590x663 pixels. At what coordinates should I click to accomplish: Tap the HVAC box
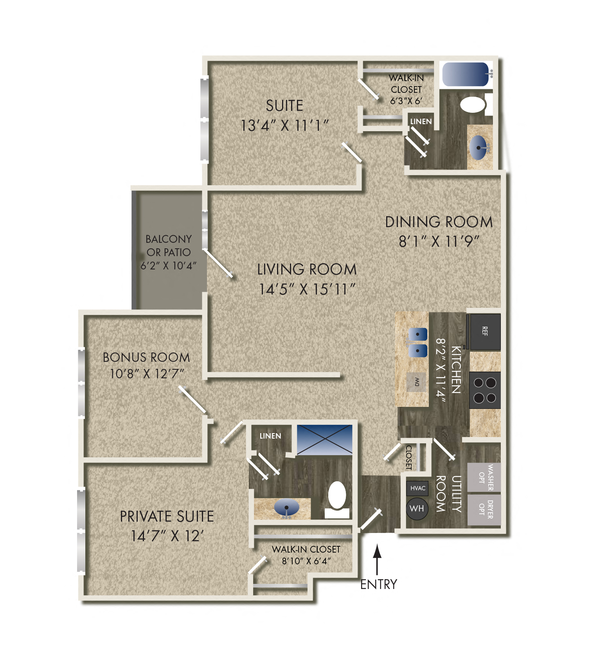point(417,488)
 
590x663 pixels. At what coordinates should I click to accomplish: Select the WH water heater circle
point(417,508)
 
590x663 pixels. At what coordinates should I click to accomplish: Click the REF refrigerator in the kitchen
point(485,331)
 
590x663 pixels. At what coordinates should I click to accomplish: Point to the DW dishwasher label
point(416,381)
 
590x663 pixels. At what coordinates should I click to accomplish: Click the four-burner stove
point(485,390)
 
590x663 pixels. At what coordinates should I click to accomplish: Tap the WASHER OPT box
point(484,477)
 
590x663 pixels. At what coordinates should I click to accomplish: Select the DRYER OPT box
point(484,509)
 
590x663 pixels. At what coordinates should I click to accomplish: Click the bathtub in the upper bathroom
point(465,74)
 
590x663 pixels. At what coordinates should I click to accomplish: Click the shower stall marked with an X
point(324,440)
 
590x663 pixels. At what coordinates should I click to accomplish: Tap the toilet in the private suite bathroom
point(337,499)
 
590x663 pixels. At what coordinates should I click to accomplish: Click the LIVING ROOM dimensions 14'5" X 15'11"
point(307,289)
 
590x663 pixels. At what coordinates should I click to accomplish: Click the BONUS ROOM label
point(146,357)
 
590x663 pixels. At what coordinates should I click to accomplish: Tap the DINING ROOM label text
point(439,222)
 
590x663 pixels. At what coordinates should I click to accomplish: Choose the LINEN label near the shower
point(270,436)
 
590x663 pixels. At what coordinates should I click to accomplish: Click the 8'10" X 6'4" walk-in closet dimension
point(306,561)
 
